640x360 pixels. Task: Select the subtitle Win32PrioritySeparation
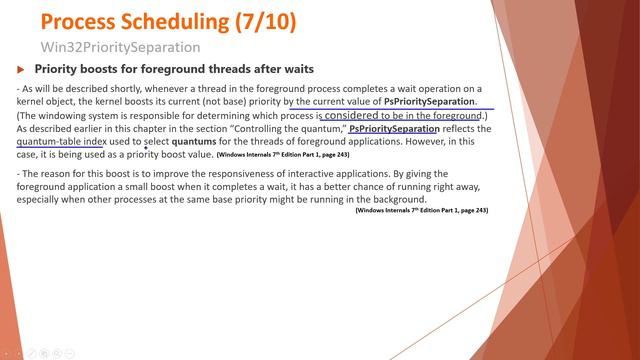coord(120,47)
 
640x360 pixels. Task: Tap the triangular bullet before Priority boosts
coord(23,70)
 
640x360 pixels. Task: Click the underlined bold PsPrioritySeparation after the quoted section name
coord(393,129)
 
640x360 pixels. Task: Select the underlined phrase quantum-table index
coord(60,142)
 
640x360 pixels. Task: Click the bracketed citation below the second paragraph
coord(421,211)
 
